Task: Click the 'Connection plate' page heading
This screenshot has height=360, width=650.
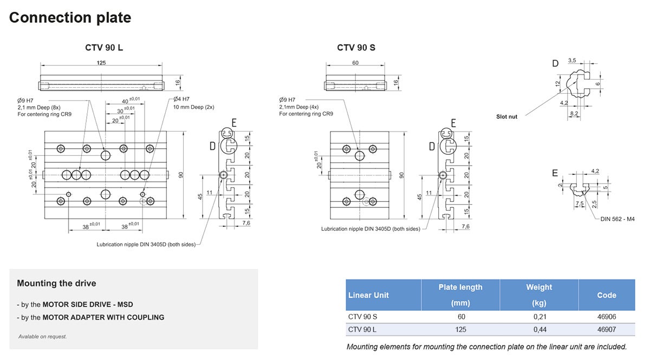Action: [x=70, y=17]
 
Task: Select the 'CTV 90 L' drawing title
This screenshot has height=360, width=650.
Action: [x=104, y=48]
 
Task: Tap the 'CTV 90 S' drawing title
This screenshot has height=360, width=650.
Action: [x=356, y=48]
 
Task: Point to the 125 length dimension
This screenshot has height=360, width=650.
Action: [x=101, y=63]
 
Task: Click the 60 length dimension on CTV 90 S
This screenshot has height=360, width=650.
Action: [x=355, y=63]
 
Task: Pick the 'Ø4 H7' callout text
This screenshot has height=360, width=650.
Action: [x=181, y=99]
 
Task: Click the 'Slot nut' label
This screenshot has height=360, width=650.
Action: [x=506, y=116]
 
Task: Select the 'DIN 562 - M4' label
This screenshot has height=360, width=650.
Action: [x=617, y=219]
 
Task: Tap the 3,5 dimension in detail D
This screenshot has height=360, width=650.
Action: [x=572, y=60]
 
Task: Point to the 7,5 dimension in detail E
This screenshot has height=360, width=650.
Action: [x=580, y=204]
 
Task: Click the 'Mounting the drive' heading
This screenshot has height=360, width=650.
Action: [x=56, y=283]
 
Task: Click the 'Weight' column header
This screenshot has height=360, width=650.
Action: [x=539, y=287]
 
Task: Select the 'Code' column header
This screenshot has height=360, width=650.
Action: [x=606, y=295]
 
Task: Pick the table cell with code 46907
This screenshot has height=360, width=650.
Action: [x=606, y=329]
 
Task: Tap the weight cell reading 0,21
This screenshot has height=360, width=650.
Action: [x=539, y=317]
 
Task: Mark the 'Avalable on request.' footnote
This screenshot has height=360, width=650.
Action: [x=42, y=336]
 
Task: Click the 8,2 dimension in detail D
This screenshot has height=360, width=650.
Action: [x=574, y=113]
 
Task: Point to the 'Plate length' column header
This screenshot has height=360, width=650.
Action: [x=460, y=287]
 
